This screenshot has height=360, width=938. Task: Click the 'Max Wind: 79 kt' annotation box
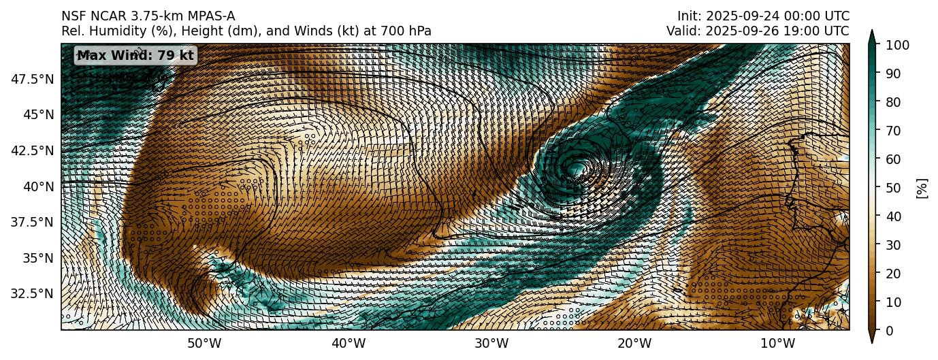point(135,56)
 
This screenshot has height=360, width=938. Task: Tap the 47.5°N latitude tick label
point(33,79)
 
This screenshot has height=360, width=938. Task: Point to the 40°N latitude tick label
point(38,186)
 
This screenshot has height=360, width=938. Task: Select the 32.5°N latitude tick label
point(33,293)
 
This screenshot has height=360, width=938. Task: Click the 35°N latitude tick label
point(38,258)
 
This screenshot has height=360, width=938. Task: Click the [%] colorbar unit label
point(922,188)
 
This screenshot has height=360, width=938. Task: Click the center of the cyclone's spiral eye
point(578,167)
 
